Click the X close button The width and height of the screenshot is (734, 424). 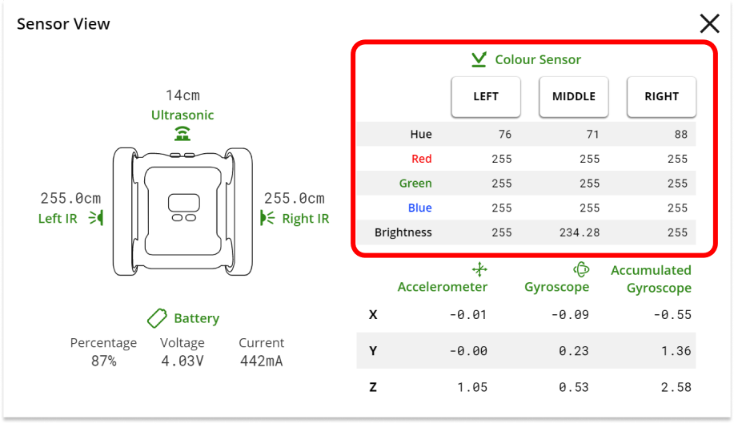[x=709, y=24]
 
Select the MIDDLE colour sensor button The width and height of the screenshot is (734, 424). [x=574, y=96]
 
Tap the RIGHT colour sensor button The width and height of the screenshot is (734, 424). [x=661, y=96]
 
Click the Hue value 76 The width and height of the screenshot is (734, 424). [x=504, y=135]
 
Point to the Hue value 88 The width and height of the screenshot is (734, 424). [x=680, y=135]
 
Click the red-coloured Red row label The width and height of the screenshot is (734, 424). [x=421, y=159]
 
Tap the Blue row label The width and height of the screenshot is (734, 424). [x=419, y=208]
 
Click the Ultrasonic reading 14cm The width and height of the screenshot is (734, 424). [x=182, y=96]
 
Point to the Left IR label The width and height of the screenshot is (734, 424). [x=58, y=219]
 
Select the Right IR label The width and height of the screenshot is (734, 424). [x=305, y=219]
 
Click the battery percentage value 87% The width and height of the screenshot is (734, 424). [x=103, y=361]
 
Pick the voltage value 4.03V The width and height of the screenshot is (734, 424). [x=182, y=361]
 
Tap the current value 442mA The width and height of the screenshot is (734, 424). [x=261, y=361]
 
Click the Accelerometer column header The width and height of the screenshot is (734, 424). [x=443, y=286]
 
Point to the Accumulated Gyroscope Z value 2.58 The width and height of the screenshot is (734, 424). [x=672, y=388]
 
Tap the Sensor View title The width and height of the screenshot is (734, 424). [x=63, y=24]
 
